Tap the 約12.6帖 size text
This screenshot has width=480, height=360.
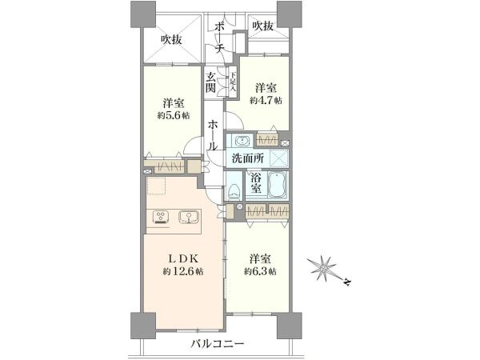[x=182, y=271]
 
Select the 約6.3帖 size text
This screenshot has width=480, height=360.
[x=260, y=271]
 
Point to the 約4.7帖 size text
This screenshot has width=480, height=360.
[x=266, y=101]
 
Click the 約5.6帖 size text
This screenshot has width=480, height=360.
[x=174, y=115]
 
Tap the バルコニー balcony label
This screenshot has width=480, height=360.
[x=218, y=343]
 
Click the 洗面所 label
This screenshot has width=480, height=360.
[x=248, y=158]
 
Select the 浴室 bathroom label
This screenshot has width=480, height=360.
[x=256, y=182]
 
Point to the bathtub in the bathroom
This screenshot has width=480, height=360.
[x=278, y=186]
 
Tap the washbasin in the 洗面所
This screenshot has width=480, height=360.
[x=242, y=141]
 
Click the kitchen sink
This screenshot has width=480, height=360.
[x=189, y=218]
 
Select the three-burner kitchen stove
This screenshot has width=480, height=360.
[x=161, y=218]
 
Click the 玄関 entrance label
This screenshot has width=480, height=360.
[x=210, y=82]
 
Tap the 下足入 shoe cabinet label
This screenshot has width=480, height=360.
[x=233, y=82]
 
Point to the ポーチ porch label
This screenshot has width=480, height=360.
[x=219, y=38]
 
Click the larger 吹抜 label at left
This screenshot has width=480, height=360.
[x=172, y=40]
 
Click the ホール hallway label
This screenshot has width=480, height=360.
[x=213, y=135]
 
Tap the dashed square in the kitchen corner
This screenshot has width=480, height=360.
[x=156, y=186]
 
